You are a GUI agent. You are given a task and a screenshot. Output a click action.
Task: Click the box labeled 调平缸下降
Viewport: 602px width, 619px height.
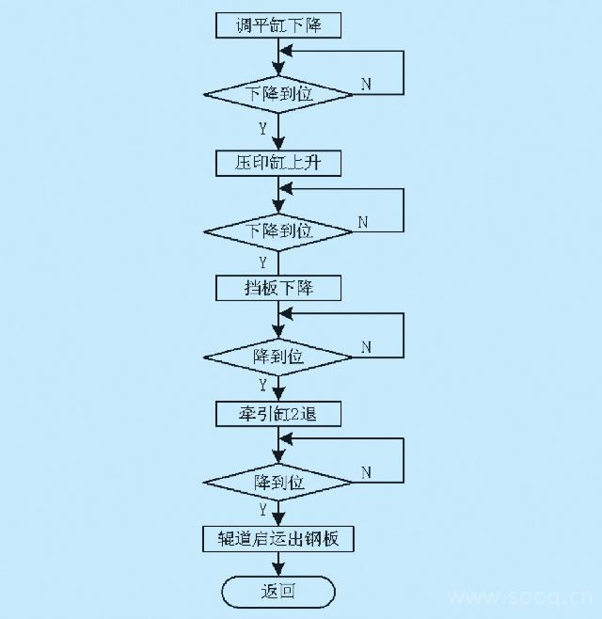[x=278, y=25]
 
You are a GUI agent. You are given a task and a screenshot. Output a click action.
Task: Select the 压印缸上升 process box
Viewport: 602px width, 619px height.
[x=278, y=163]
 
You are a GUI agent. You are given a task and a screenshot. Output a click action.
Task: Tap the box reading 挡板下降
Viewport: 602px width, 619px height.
[x=278, y=288]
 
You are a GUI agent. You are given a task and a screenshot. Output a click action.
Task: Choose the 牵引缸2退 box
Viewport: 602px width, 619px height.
[x=278, y=413]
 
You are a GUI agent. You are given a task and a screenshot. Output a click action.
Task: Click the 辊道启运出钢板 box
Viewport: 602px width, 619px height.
[x=278, y=539]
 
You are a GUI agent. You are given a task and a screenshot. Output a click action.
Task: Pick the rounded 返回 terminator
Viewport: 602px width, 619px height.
[x=278, y=592]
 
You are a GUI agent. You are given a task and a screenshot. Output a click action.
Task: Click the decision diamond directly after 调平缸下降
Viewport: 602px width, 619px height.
[x=278, y=94]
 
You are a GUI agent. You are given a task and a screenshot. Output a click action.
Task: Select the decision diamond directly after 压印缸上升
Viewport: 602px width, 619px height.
[x=278, y=230]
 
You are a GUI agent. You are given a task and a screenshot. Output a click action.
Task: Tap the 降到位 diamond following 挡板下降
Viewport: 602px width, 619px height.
[x=278, y=357]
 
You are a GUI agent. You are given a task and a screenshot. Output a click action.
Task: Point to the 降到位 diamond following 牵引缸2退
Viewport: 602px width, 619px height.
[x=278, y=482]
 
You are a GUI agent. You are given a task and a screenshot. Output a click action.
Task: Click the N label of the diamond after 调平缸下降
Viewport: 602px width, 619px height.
[x=366, y=84]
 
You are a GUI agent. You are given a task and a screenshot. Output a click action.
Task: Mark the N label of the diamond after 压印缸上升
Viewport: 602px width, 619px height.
[x=362, y=222]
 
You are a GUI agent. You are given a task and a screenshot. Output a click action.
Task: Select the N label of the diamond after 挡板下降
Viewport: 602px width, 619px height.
[x=366, y=347]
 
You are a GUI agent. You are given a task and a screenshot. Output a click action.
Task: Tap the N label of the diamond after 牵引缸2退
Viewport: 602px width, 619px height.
[x=366, y=472]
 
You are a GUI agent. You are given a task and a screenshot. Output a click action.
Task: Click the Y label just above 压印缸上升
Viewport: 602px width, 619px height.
[x=262, y=128]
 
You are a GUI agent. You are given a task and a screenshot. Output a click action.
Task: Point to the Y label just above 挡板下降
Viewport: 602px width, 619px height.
[x=262, y=262]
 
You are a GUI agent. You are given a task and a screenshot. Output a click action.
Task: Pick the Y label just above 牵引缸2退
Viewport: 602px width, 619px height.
[x=262, y=385]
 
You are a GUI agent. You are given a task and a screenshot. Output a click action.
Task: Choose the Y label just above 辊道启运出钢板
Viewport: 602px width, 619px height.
[x=263, y=510]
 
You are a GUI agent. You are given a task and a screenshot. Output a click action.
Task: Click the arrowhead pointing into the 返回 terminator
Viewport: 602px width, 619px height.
[x=278, y=570]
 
